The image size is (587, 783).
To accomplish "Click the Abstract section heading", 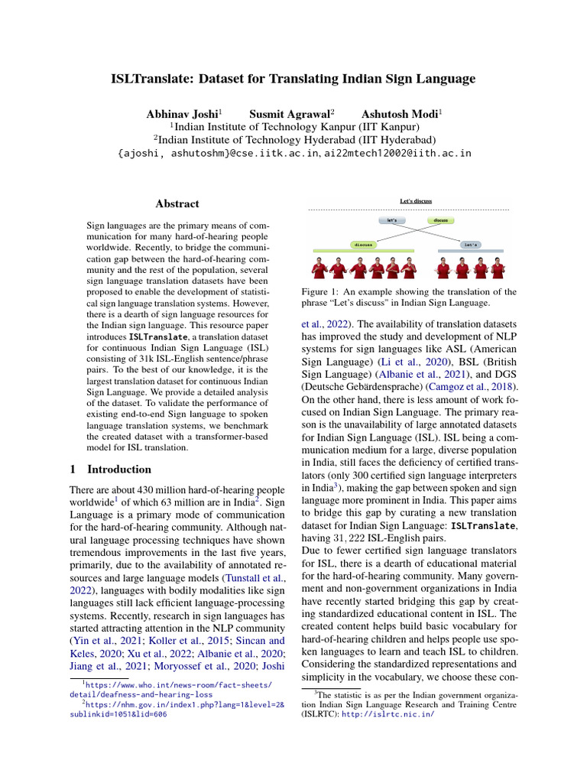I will click(177, 204).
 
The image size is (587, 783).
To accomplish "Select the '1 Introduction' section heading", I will click(110, 469).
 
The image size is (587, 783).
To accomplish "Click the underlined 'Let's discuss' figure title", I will click(416, 201).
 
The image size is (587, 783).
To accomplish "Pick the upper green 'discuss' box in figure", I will click(440, 220).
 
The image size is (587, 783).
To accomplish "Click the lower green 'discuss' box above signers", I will click(362, 245).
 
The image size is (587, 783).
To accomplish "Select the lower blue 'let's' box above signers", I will click(469, 245).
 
